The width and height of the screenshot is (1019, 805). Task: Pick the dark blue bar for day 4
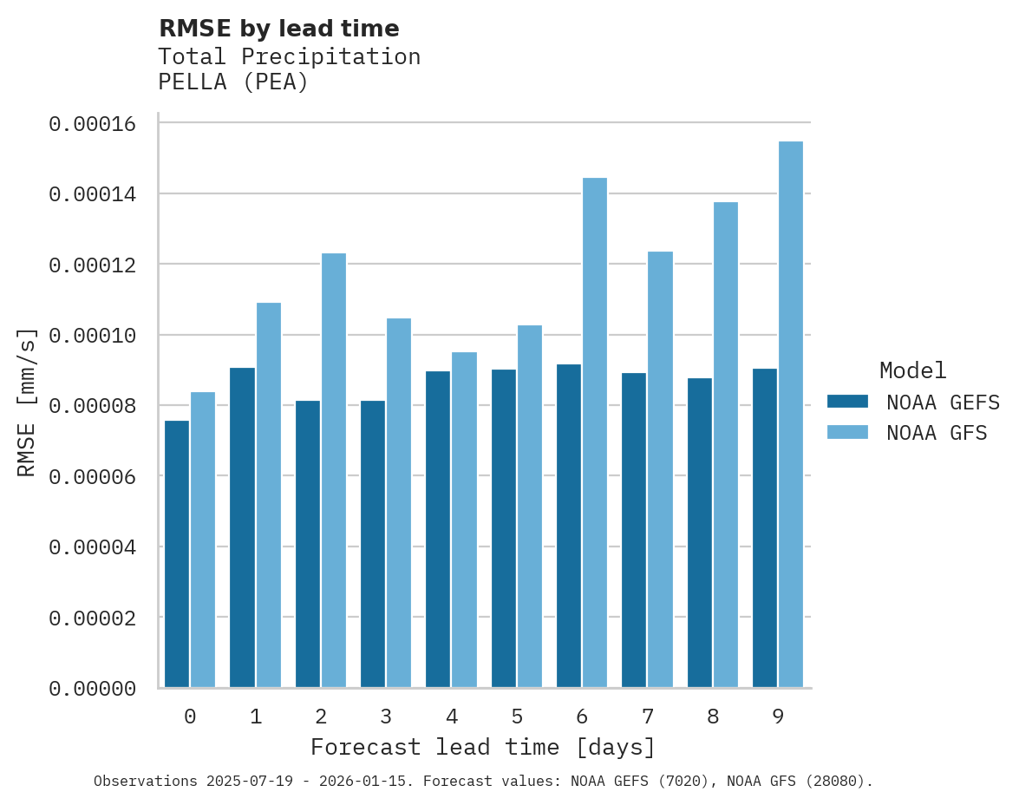[x=438, y=529]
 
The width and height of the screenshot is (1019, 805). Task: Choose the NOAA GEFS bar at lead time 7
[x=634, y=530]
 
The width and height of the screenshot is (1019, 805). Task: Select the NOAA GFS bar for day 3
[x=399, y=503]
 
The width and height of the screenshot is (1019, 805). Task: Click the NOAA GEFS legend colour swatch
[x=847, y=401]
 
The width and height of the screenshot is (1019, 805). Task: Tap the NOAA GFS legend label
[x=937, y=432]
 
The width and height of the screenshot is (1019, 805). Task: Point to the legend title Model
[x=912, y=370]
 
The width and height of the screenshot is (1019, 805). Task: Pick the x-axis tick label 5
[x=517, y=717]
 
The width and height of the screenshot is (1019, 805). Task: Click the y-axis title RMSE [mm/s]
[x=27, y=402]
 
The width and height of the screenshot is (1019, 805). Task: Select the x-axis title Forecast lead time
[x=483, y=747]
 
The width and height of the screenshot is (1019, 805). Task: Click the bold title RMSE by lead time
[x=278, y=29]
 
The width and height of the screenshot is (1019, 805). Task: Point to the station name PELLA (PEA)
[x=233, y=82]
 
